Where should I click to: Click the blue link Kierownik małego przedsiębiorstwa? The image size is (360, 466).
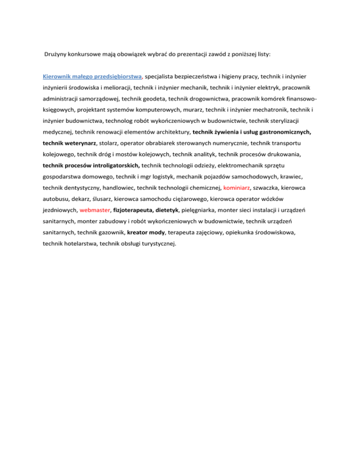(x=92, y=75)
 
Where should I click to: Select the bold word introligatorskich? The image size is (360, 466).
(x=112, y=165)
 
